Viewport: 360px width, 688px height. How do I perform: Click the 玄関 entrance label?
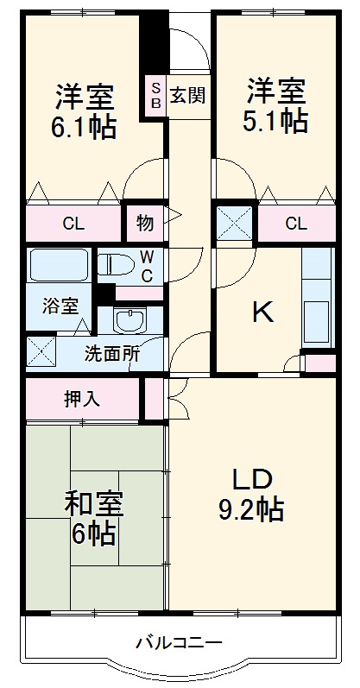186,94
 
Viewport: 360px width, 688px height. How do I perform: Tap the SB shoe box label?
156,95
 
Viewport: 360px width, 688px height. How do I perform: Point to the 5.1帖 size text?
275,121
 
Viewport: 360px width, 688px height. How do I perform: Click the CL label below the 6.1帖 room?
73,224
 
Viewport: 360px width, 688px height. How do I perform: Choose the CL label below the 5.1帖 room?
295,224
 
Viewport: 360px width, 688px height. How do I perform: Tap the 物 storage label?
145,224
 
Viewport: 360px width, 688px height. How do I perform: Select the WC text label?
147,266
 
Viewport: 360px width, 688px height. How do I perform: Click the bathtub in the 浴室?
59,265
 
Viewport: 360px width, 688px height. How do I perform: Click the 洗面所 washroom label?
111,353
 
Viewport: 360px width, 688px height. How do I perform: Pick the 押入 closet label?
82,399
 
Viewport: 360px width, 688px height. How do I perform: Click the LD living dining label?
251,479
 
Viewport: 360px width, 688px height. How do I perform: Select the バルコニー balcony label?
179,643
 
